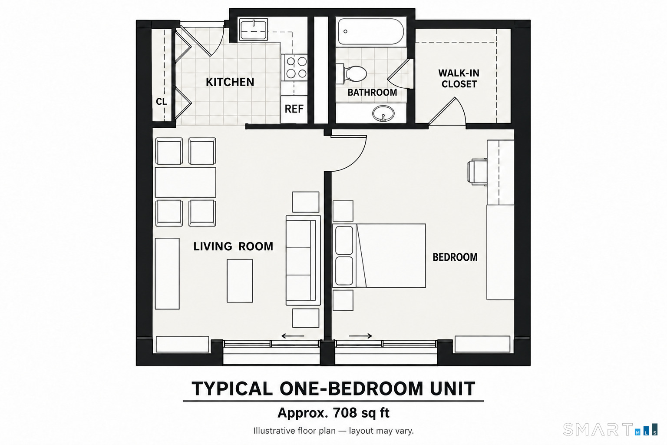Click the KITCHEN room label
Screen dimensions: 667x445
[x=230, y=82]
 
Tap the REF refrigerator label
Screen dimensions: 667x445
[x=294, y=109]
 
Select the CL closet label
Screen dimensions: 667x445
[x=162, y=102]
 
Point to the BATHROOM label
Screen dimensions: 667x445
[x=372, y=93]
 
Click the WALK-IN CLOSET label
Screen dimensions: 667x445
[x=459, y=79]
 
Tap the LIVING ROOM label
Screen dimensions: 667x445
[x=233, y=246]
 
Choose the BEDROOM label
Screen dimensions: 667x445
[x=455, y=257]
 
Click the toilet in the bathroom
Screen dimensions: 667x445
[x=351, y=73]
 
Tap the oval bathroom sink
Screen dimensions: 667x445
[x=383, y=113]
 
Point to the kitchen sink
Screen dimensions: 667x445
[x=254, y=29]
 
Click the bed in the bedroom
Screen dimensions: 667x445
[x=379, y=256]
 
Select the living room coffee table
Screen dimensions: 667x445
[x=240, y=281]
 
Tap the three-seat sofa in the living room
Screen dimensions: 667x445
[x=303, y=260]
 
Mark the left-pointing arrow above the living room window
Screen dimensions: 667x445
[x=293, y=336]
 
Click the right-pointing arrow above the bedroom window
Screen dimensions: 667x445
[x=360, y=336]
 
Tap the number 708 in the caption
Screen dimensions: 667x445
[x=345, y=413]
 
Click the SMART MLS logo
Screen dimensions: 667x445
[x=610, y=429]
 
